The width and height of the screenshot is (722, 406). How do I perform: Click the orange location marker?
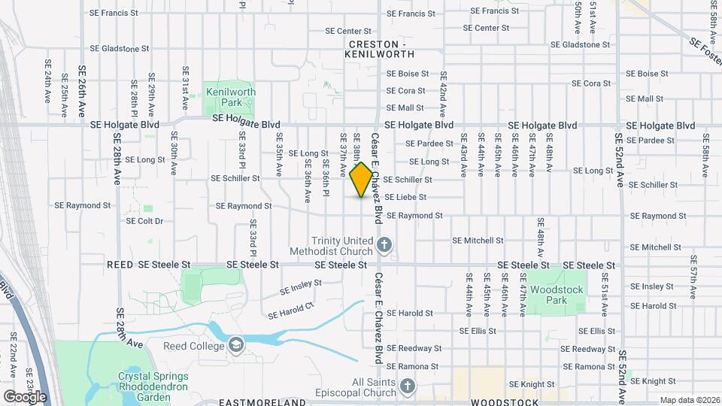coord(361,180)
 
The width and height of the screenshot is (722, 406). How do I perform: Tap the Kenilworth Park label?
coord(230,98)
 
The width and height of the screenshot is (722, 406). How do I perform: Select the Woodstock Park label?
coord(557,295)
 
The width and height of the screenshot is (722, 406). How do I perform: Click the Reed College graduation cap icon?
coord(236,345)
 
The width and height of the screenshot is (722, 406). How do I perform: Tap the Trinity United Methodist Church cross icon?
coord(384,244)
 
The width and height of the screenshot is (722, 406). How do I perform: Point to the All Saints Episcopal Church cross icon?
coord(408,387)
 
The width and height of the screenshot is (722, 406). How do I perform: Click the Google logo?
coord(25,396)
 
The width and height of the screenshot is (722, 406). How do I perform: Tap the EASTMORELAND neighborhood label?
coord(262,402)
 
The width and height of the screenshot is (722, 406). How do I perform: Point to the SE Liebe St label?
coord(405,197)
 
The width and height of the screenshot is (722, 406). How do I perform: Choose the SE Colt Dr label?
coord(145,221)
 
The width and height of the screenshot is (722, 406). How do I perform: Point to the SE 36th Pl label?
coord(326,176)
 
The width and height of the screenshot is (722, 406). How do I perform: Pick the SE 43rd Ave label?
coord(463,155)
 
